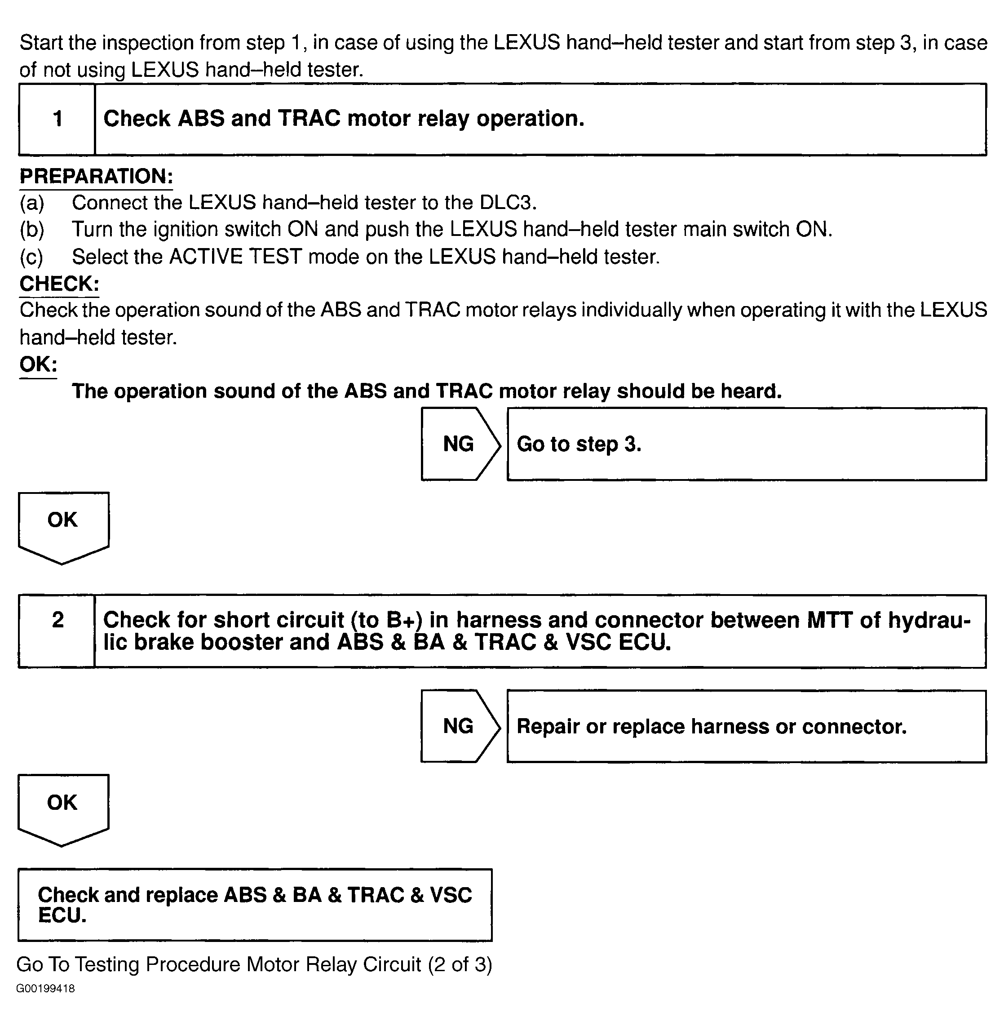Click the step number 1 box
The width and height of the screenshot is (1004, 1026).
pos(57,119)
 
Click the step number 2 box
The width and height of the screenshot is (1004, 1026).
pos(57,631)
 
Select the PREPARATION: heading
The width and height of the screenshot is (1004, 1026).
pos(96,176)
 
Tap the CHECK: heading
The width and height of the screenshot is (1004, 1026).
pos(59,284)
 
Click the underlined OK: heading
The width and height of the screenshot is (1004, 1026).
pos(38,364)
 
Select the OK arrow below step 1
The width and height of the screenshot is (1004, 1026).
pos(63,525)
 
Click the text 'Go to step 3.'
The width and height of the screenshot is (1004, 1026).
pos(579,444)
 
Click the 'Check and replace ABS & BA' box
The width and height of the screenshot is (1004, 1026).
pos(255,905)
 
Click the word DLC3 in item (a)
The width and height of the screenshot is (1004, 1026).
pos(507,203)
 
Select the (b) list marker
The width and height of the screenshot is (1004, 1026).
pos(31,230)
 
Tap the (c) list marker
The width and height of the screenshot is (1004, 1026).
pos(31,257)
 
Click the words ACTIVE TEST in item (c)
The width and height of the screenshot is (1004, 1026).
pos(235,257)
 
